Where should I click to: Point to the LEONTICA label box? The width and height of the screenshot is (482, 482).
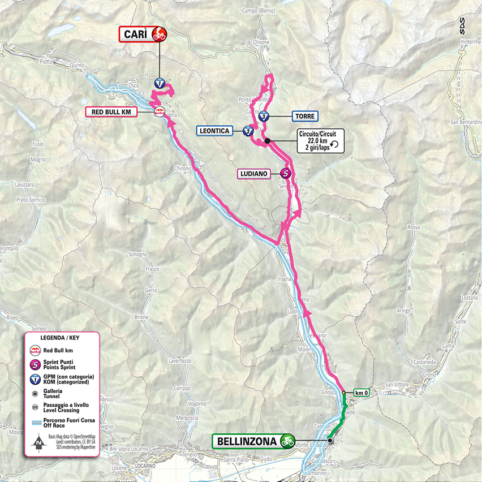(x=214, y=131)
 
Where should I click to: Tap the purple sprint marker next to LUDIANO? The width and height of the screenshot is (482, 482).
(x=286, y=174)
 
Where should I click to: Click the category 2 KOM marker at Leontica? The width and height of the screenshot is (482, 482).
(x=248, y=131)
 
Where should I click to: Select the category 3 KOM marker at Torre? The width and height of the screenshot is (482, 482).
(x=265, y=117)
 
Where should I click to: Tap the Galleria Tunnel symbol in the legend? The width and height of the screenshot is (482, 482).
(x=36, y=393)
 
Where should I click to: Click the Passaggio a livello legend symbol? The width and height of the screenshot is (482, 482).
(x=36, y=408)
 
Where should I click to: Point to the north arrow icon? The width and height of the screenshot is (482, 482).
(x=38, y=443)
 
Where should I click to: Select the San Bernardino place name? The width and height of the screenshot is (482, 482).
(x=464, y=122)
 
